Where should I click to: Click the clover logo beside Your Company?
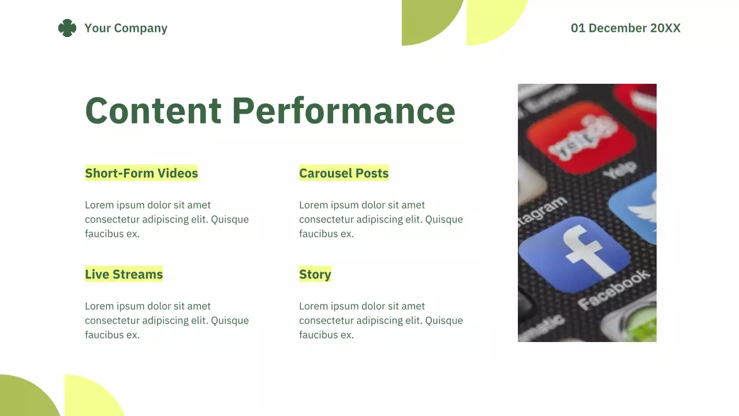pyautogui.click(x=67, y=28)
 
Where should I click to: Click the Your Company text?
pyautogui.click(x=126, y=28)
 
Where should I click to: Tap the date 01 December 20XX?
pyautogui.click(x=625, y=28)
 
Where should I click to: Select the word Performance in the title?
pyautogui.click(x=344, y=110)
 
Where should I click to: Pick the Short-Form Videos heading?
pyautogui.click(x=141, y=173)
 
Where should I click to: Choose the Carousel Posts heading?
pyautogui.click(x=344, y=173)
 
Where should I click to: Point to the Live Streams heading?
pyautogui.click(x=124, y=274)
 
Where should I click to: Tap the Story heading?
pyautogui.click(x=315, y=274)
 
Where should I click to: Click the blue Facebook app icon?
pyautogui.click(x=573, y=254)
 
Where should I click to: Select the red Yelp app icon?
pyautogui.click(x=580, y=137)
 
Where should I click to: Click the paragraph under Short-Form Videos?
pyautogui.click(x=166, y=220)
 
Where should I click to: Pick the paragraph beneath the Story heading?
pyautogui.click(x=380, y=321)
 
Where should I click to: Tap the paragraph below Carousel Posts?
pyautogui.click(x=380, y=220)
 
